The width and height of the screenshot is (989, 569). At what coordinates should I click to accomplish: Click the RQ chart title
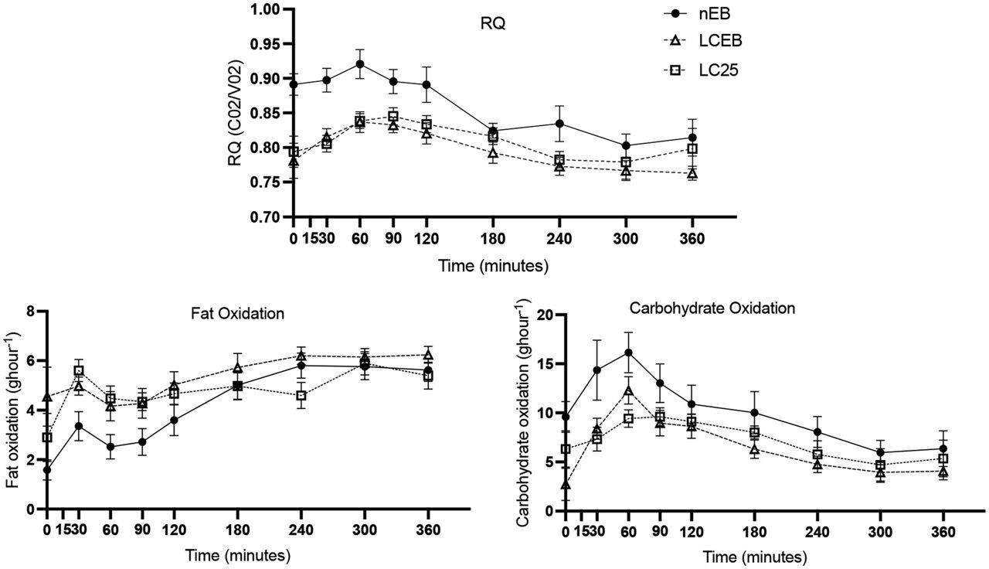tap(493, 22)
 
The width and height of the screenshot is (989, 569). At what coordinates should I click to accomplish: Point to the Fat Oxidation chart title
tap(237, 315)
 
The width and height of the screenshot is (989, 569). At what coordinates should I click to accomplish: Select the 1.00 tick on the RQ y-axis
tap(262, 9)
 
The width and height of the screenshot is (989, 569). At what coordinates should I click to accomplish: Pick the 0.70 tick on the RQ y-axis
tap(262, 216)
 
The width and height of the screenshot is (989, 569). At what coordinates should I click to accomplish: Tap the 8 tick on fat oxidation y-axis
tap(32, 312)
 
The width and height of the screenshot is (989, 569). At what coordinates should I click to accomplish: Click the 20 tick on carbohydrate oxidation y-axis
tap(546, 315)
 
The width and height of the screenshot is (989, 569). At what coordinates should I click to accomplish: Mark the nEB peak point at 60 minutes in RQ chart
tap(360, 64)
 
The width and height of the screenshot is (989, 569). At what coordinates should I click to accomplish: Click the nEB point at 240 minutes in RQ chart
tap(559, 124)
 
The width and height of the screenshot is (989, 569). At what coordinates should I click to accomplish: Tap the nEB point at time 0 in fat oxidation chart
tap(47, 469)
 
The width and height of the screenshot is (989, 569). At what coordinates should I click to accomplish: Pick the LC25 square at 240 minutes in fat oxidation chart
tap(301, 396)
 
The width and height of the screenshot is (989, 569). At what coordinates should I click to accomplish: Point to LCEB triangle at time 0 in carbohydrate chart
tap(566, 485)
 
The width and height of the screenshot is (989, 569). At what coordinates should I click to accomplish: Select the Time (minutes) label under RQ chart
tap(494, 266)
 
